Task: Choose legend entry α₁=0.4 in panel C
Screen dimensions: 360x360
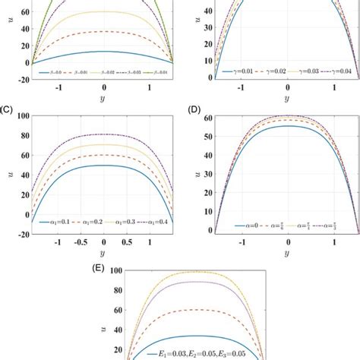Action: coord(156,221)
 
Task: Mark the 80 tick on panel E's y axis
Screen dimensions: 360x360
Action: coord(115,289)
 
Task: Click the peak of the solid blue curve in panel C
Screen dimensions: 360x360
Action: coord(103,165)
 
